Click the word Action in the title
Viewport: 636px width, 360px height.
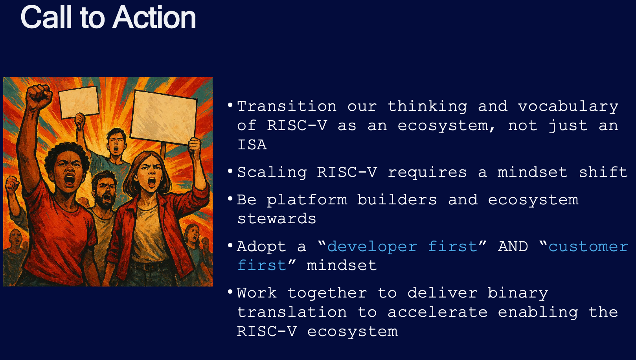(154, 18)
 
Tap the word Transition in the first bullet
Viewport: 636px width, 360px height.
(287, 107)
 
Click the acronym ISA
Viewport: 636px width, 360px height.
(252, 145)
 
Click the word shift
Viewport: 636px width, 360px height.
(603, 172)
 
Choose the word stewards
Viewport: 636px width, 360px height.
(277, 219)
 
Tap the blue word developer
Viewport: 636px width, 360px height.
(372, 247)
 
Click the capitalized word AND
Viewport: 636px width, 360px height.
(513, 246)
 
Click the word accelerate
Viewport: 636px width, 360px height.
(437, 312)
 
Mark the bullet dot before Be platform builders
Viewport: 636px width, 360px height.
(230, 198)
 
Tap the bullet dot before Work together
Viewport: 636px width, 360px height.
(230, 292)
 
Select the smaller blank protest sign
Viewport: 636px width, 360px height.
(79, 103)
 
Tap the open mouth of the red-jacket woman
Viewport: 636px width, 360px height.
(152, 182)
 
